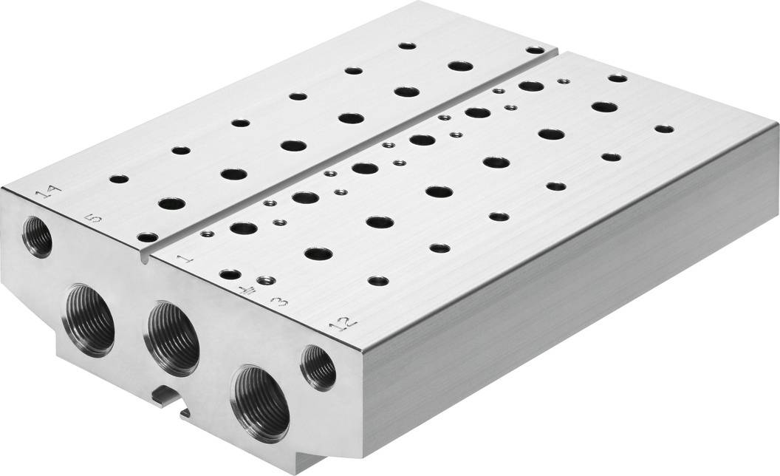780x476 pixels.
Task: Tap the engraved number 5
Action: pos(92,219)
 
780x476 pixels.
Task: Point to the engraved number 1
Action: pos(185,258)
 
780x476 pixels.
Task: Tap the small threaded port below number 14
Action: pos(37,236)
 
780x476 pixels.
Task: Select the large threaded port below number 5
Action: pos(92,321)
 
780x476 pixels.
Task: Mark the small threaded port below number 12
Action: pos(319,367)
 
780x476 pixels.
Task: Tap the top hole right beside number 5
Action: pos(147,237)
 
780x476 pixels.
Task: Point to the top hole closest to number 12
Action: pos(378,281)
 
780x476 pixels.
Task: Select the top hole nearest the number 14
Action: pos(118,179)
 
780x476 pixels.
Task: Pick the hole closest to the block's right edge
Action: pos(664,129)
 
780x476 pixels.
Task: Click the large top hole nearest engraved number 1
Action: pos(243,228)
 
